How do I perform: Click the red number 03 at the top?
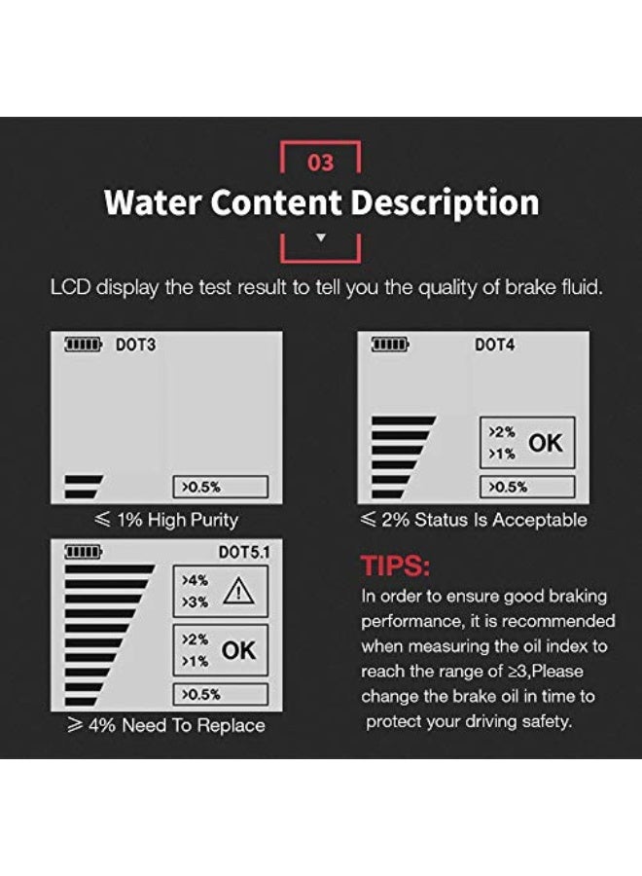pyautogui.click(x=320, y=163)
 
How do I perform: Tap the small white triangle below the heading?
pyautogui.click(x=321, y=237)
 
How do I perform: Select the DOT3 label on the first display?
pyautogui.click(x=135, y=346)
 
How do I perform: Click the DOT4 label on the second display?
pyautogui.click(x=494, y=345)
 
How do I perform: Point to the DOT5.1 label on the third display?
pyautogui.click(x=242, y=552)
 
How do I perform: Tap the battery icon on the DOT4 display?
pyautogui.click(x=391, y=345)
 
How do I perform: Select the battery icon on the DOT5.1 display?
pyautogui.click(x=84, y=552)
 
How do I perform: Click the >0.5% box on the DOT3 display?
pyautogui.click(x=220, y=487)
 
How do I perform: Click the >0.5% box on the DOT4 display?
pyautogui.click(x=526, y=487)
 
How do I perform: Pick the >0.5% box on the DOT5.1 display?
pyautogui.click(x=220, y=694)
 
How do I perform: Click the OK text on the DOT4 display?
pyautogui.click(x=545, y=443)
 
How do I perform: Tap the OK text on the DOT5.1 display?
pyautogui.click(x=238, y=650)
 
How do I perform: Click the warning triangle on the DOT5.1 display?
pyautogui.click(x=238, y=591)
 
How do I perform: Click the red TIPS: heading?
pyautogui.click(x=395, y=566)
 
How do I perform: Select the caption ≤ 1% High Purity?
pyautogui.click(x=165, y=520)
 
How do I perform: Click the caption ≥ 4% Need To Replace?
pyautogui.click(x=165, y=725)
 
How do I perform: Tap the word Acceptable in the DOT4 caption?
pyautogui.click(x=540, y=520)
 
